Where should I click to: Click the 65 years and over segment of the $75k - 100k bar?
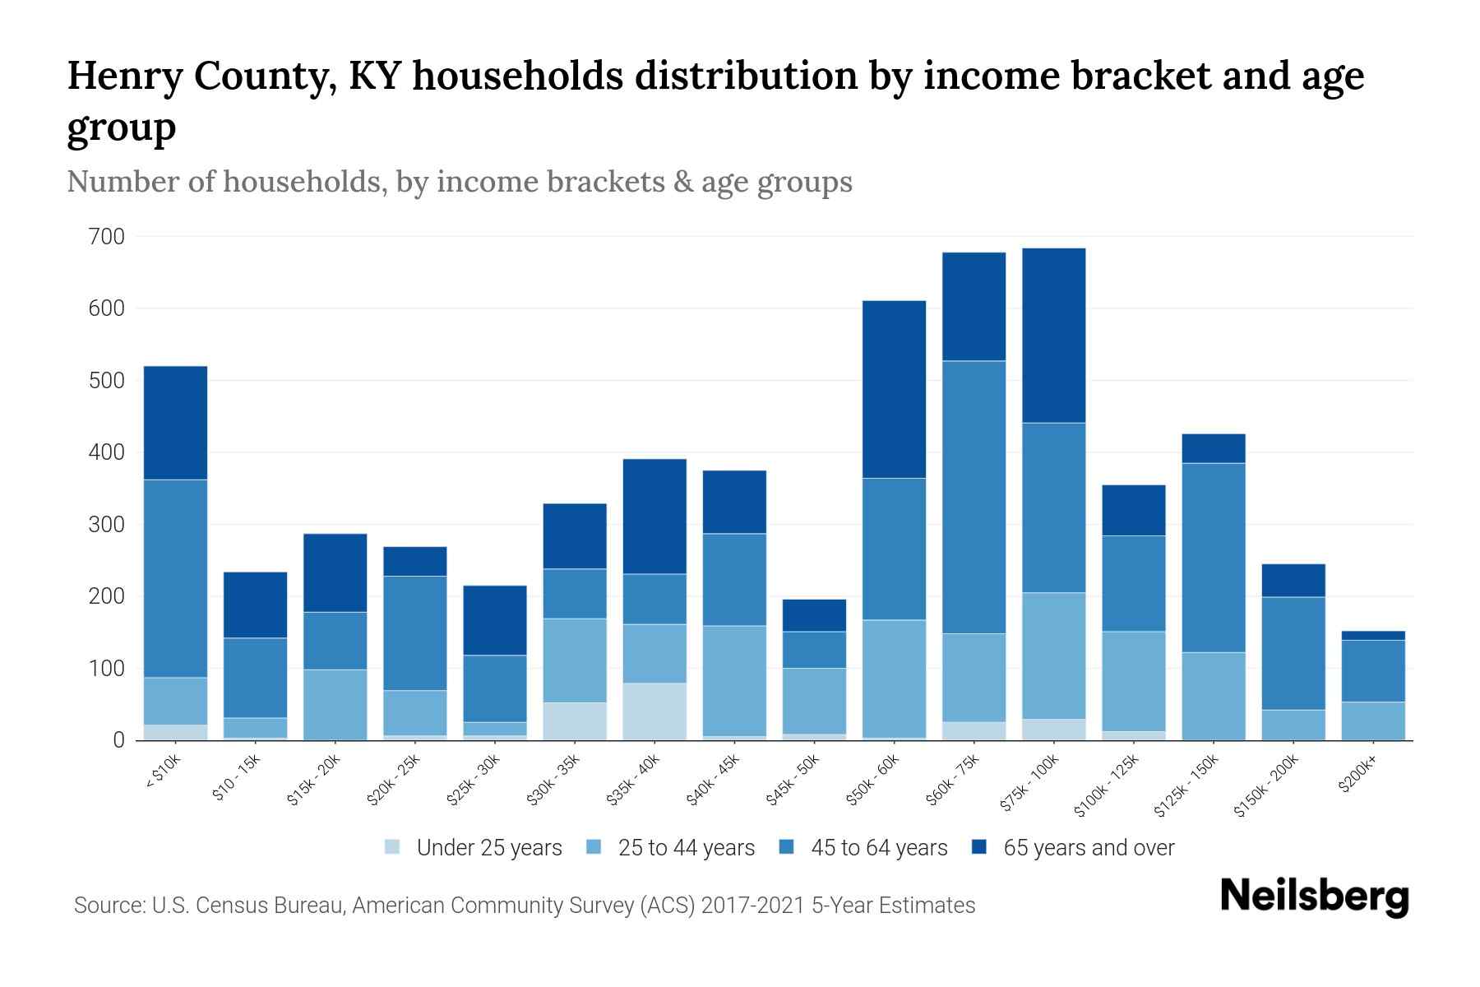[x=1053, y=336]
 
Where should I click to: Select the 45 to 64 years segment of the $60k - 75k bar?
[x=974, y=497]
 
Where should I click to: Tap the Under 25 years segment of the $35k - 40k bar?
[x=654, y=711]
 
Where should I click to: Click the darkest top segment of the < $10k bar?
[x=175, y=423]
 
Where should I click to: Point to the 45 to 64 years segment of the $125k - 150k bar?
[x=1213, y=558]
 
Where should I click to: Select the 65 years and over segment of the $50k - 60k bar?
[x=894, y=389]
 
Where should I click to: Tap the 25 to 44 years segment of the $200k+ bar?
[x=1372, y=721]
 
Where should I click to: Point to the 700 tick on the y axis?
[x=106, y=237]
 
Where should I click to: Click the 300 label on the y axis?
[x=106, y=525]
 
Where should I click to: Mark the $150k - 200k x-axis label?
[x=1266, y=787]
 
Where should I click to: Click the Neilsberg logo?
[x=1314, y=897]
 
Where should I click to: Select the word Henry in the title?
[x=119, y=76]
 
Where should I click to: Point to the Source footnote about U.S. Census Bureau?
[x=524, y=906]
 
